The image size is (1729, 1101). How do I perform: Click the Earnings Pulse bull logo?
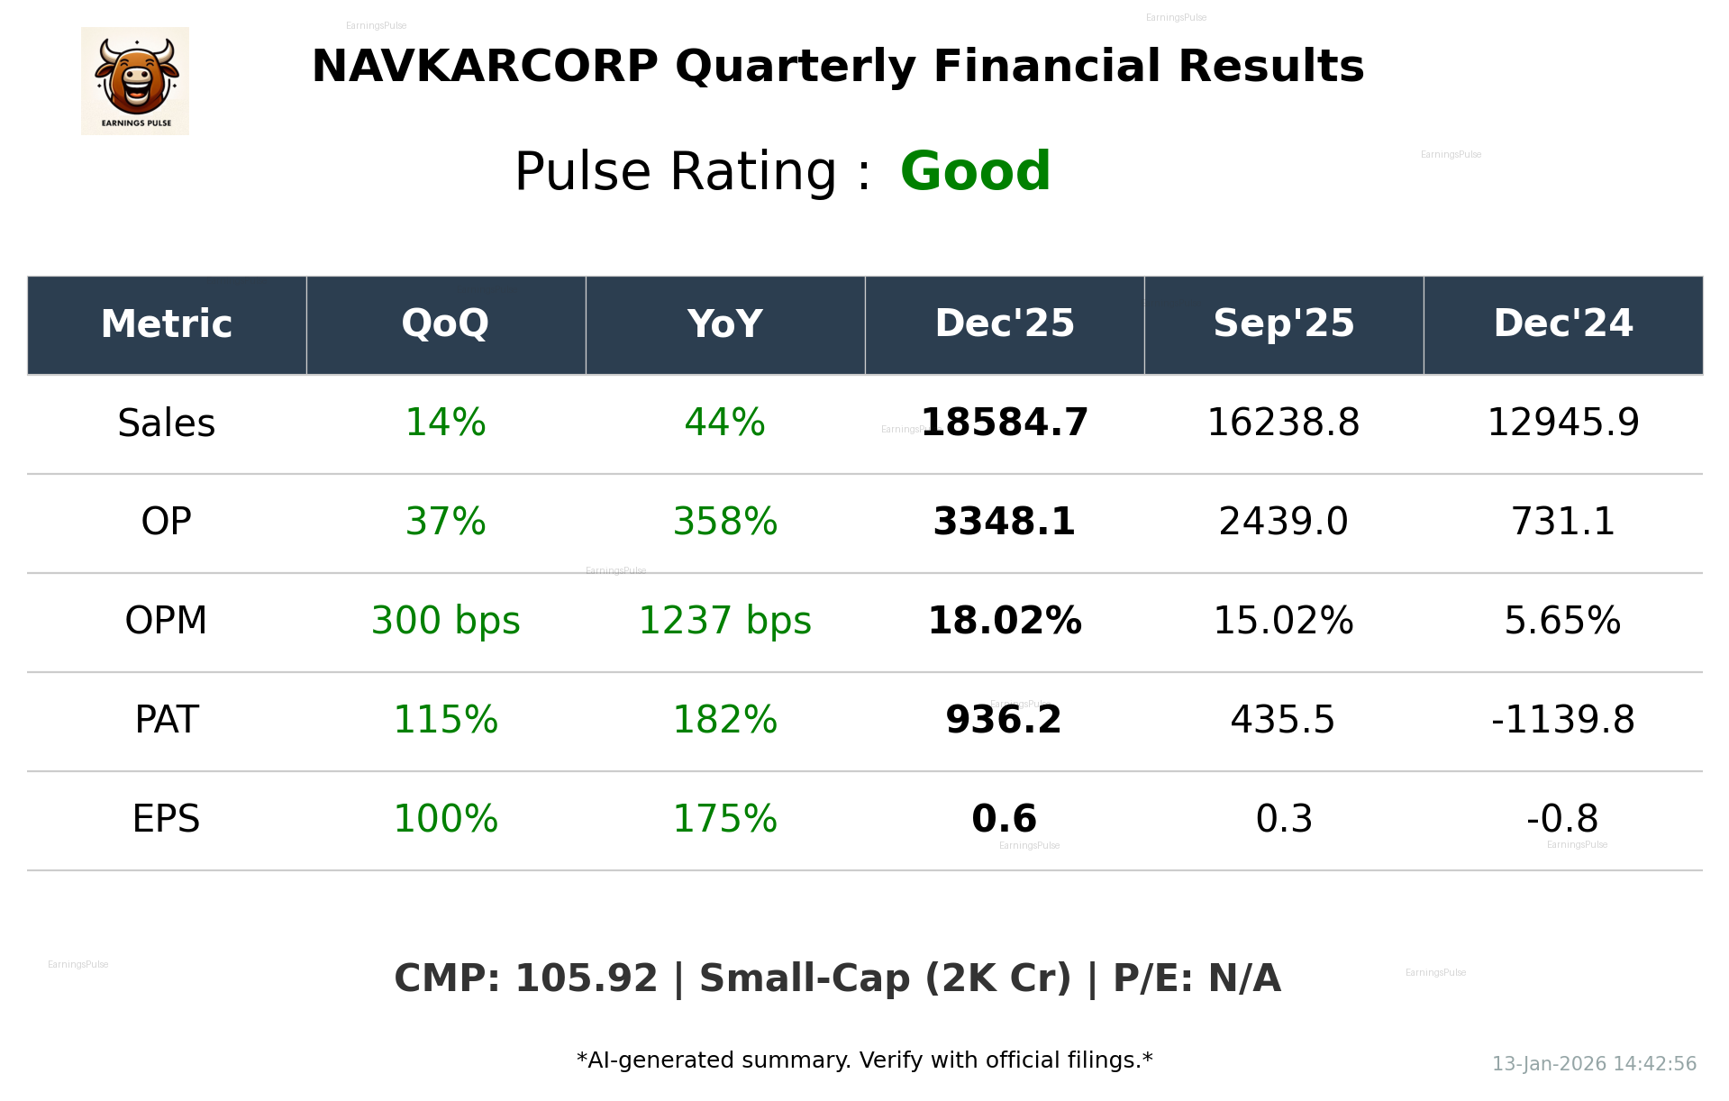[x=135, y=81]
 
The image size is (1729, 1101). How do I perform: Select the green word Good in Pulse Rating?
[x=975, y=171]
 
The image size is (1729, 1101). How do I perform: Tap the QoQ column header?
[x=445, y=323]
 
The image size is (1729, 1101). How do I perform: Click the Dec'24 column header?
[x=1562, y=323]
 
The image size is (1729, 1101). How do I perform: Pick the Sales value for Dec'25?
[x=1004, y=423]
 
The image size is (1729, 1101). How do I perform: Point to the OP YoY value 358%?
[x=724, y=522]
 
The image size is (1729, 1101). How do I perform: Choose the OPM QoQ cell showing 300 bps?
[x=445, y=621]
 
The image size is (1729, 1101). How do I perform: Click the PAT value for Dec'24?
[x=1562, y=720]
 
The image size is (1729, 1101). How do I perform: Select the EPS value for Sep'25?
[x=1283, y=819]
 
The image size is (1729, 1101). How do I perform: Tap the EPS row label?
[x=166, y=819]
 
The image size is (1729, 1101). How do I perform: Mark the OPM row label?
[x=166, y=621]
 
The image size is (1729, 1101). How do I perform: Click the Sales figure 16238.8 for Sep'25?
[x=1283, y=423]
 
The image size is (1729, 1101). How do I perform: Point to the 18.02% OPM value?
[x=1004, y=621]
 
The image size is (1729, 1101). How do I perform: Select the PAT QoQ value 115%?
[x=445, y=720]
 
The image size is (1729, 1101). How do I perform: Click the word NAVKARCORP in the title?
[x=485, y=67]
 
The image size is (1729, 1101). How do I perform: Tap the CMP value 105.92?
[x=587, y=978]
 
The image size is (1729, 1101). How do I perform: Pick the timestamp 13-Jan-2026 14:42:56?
[x=1594, y=1064]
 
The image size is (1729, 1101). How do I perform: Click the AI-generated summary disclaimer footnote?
[x=864, y=1060]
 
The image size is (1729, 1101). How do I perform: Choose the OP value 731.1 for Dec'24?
[x=1562, y=522]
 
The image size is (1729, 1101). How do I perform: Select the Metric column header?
[x=166, y=323]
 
